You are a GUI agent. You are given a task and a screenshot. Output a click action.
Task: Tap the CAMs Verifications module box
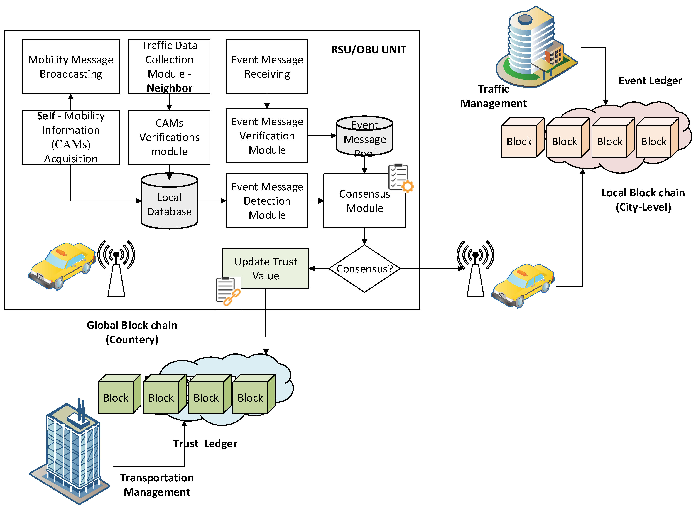pyautogui.click(x=169, y=137)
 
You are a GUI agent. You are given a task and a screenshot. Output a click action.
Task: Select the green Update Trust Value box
pyautogui.click(x=266, y=268)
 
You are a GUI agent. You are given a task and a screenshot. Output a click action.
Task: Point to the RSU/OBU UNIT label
pyautogui.click(x=368, y=50)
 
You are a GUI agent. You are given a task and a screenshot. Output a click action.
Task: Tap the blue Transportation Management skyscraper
pyautogui.click(x=71, y=452)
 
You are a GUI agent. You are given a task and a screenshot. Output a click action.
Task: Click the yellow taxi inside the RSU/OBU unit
pyautogui.click(x=62, y=265)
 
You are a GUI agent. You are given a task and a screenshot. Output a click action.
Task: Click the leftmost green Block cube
pyautogui.click(x=116, y=397)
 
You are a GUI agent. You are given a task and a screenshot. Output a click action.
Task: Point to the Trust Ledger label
pyautogui.click(x=205, y=444)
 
